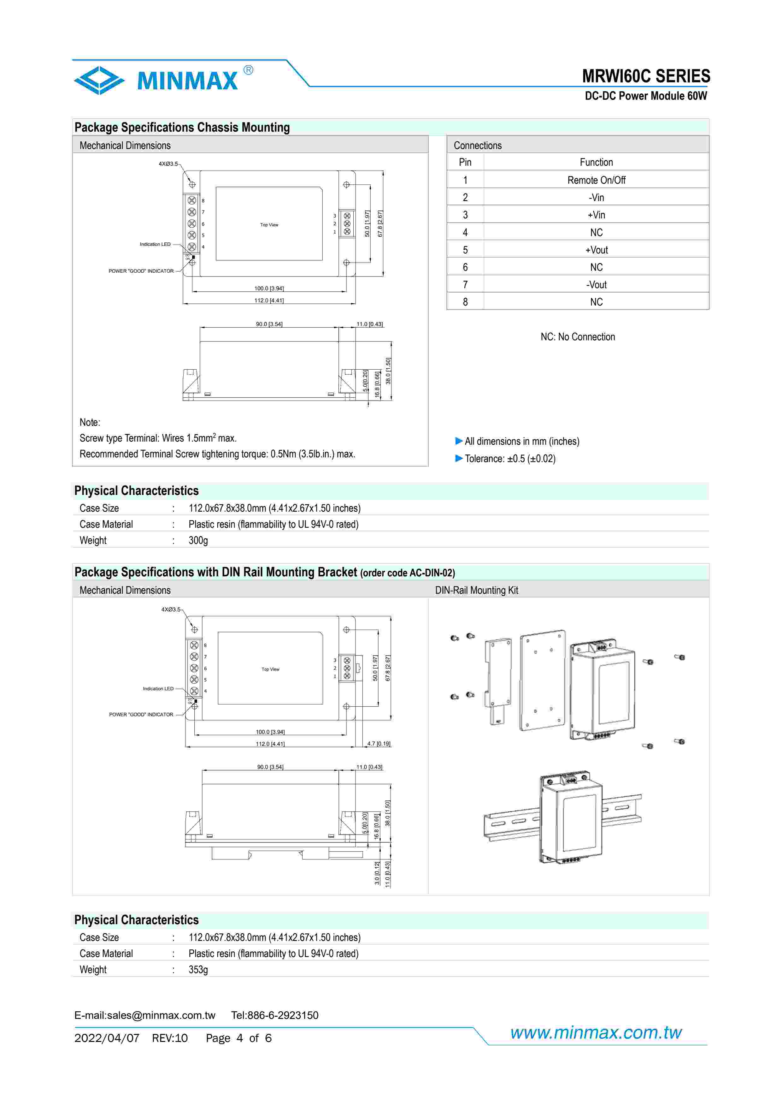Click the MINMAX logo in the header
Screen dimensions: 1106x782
click(164, 80)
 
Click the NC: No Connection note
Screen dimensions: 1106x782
click(577, 337)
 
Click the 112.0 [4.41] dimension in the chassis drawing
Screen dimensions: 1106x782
click(269, 300)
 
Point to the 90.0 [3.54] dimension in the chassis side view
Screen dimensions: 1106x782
click(269, 324)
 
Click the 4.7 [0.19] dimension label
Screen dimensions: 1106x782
click(379, 744)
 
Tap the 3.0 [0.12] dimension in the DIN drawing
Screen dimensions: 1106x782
click(377, 873)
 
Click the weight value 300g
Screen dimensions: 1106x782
click(198, 540)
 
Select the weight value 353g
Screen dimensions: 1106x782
click(198, 970)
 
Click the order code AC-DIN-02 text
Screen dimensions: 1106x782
click(407, 573)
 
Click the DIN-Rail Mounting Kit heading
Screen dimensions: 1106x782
click(476, 590)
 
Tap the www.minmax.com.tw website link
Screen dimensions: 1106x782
click(596, 1032)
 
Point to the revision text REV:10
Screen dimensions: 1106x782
click(169, 1038)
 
